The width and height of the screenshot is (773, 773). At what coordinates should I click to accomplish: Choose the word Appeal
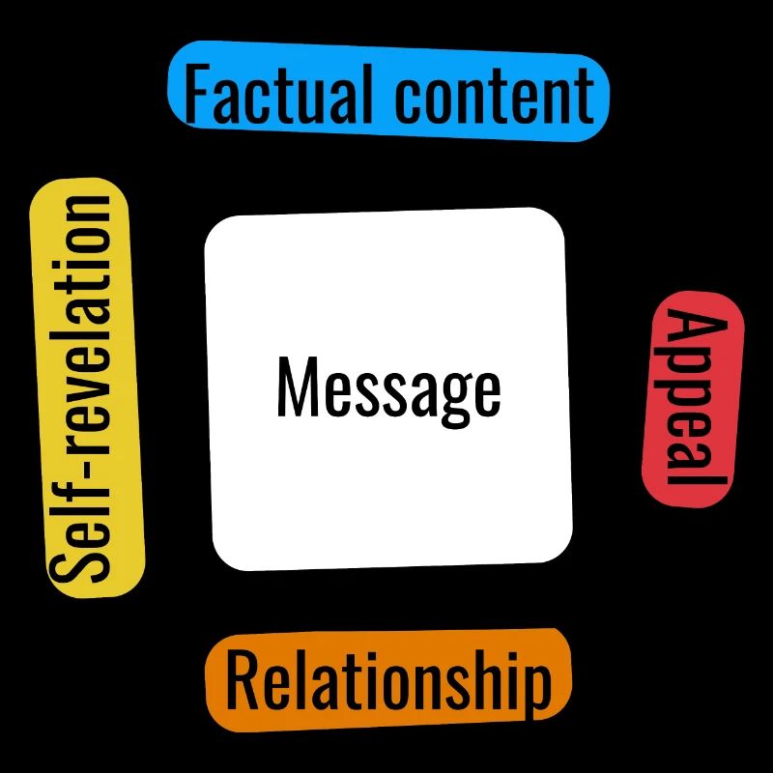(x=692, y=399)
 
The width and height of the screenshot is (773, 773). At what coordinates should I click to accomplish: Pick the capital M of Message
(x=297, y=386)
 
